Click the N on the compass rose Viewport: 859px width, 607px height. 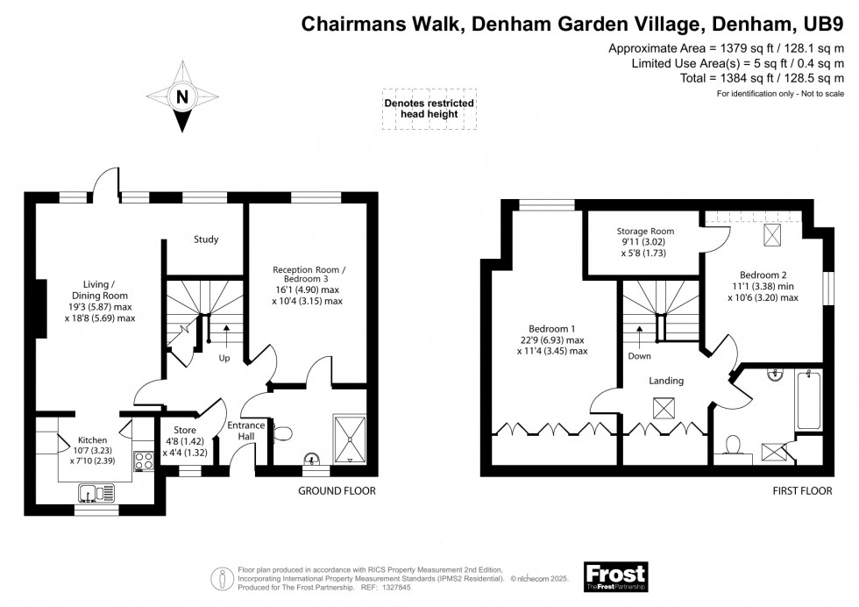182,97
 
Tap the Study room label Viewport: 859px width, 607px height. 206,239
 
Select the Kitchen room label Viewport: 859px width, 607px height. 93,439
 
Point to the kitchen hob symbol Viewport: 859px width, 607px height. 142,461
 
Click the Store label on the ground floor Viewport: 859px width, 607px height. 185,430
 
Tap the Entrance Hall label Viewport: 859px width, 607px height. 239,432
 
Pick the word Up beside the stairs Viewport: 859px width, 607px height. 225,359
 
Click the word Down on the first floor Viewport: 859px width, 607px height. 639,357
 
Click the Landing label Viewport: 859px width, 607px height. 666,381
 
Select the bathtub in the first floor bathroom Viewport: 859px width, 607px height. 806,400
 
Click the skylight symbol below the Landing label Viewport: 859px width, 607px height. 664,407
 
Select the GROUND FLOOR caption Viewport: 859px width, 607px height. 337,491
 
